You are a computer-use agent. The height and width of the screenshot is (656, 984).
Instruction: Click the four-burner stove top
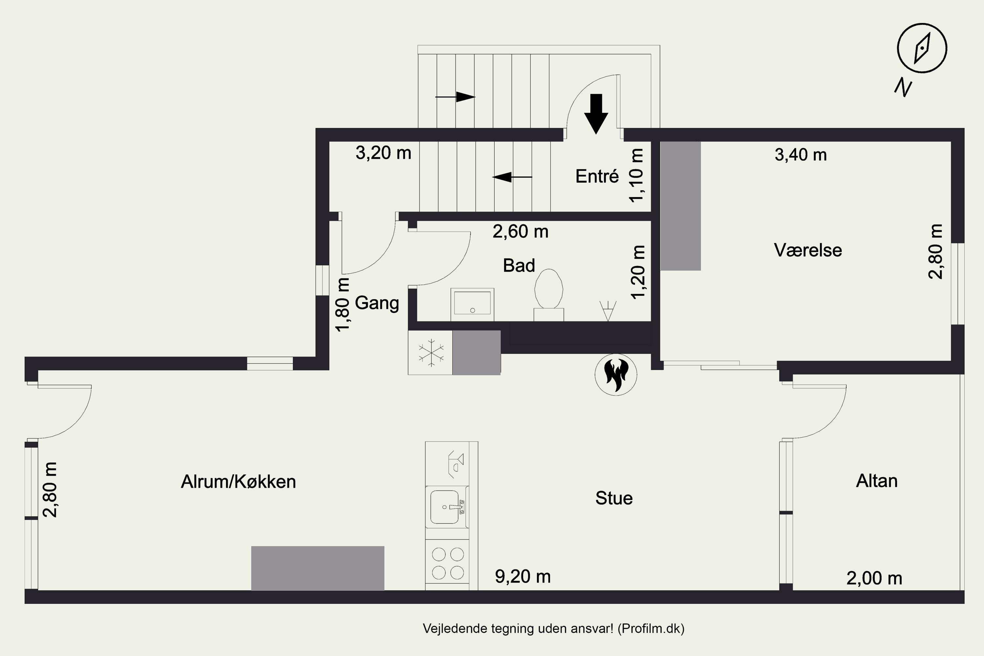coord(448,563)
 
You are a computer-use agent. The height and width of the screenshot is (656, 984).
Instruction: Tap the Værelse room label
coord(808,250)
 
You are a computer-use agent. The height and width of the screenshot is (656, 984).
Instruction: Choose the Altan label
coord(876,481)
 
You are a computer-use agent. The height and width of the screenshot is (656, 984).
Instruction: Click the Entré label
coord(597,176)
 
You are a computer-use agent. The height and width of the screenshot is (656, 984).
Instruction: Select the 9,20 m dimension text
coord(523,577)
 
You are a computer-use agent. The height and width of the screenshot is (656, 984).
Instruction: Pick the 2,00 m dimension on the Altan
coord(874,578)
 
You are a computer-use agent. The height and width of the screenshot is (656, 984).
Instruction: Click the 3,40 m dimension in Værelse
coord(800,155)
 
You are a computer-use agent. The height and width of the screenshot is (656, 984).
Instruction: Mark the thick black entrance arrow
coord(596,113)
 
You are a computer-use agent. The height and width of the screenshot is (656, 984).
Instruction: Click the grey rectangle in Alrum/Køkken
coord(318,568)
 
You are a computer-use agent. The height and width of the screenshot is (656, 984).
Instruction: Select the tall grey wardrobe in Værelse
coord(680,206)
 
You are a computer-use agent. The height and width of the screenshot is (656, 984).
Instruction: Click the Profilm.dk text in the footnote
coord(651,628)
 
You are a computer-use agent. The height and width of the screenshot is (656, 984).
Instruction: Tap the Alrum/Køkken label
coord(238,482)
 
